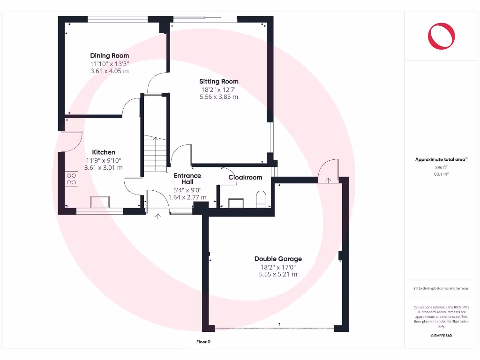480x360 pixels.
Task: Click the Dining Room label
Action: coord(109,56)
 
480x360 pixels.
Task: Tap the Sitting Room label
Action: coord(218,82)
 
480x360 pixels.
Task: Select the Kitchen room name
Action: coord(103,152)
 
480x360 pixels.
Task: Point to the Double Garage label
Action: coord(278,259)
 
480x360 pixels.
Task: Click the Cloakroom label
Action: coord(245,178)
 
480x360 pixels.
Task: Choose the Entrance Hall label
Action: coord(187,179)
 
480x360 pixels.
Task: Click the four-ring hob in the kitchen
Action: coord(71,179)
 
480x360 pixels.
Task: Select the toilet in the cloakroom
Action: coord(261,199)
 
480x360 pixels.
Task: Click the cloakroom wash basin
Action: coord(236,202)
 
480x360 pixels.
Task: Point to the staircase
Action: coord(155,151)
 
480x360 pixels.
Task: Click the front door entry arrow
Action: coord(157,216)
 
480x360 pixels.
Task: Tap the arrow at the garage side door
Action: coord(329,180)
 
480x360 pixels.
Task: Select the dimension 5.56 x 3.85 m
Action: coord(218,97)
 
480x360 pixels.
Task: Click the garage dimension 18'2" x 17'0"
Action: coord(278,267)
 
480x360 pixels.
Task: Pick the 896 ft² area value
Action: coord(441,167)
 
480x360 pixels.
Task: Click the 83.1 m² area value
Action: coord(441,174)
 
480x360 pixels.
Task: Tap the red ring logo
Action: coord(441,36)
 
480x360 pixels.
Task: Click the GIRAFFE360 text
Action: coord(441,336)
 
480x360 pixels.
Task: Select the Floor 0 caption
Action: coord(203,342)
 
